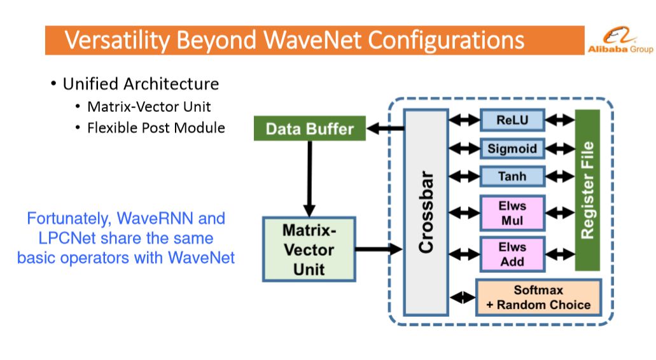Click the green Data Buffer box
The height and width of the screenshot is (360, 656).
[x=310, y=128]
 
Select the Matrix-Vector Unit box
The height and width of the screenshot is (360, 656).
[x=309, y=249]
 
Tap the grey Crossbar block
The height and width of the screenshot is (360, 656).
[x=426, y=212]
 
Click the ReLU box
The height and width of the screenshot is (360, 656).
[x=512, y=120]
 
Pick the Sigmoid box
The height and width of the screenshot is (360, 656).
[x=512, y=148]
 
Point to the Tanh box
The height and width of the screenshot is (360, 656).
[x=512, y=176]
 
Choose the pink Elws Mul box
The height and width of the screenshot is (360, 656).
[x=512, y=213]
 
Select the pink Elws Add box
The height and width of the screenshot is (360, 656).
[x=512, y=254]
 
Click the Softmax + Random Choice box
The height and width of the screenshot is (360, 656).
[x=538, y=297]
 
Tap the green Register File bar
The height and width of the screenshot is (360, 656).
[x=587, y=190]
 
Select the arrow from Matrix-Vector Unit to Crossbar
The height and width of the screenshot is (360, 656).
[x=379, y=249]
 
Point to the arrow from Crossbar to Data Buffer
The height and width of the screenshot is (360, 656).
[x=385, y=128]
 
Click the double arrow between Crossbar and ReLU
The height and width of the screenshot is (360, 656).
[x=464, y=120]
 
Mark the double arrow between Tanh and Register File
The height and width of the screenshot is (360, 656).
[x=560, y=176]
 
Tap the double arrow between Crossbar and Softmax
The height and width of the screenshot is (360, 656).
[x=463, y=298]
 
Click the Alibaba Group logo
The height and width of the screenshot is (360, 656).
[x=620, y=41]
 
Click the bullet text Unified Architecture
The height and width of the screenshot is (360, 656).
[x=141, y=84]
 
